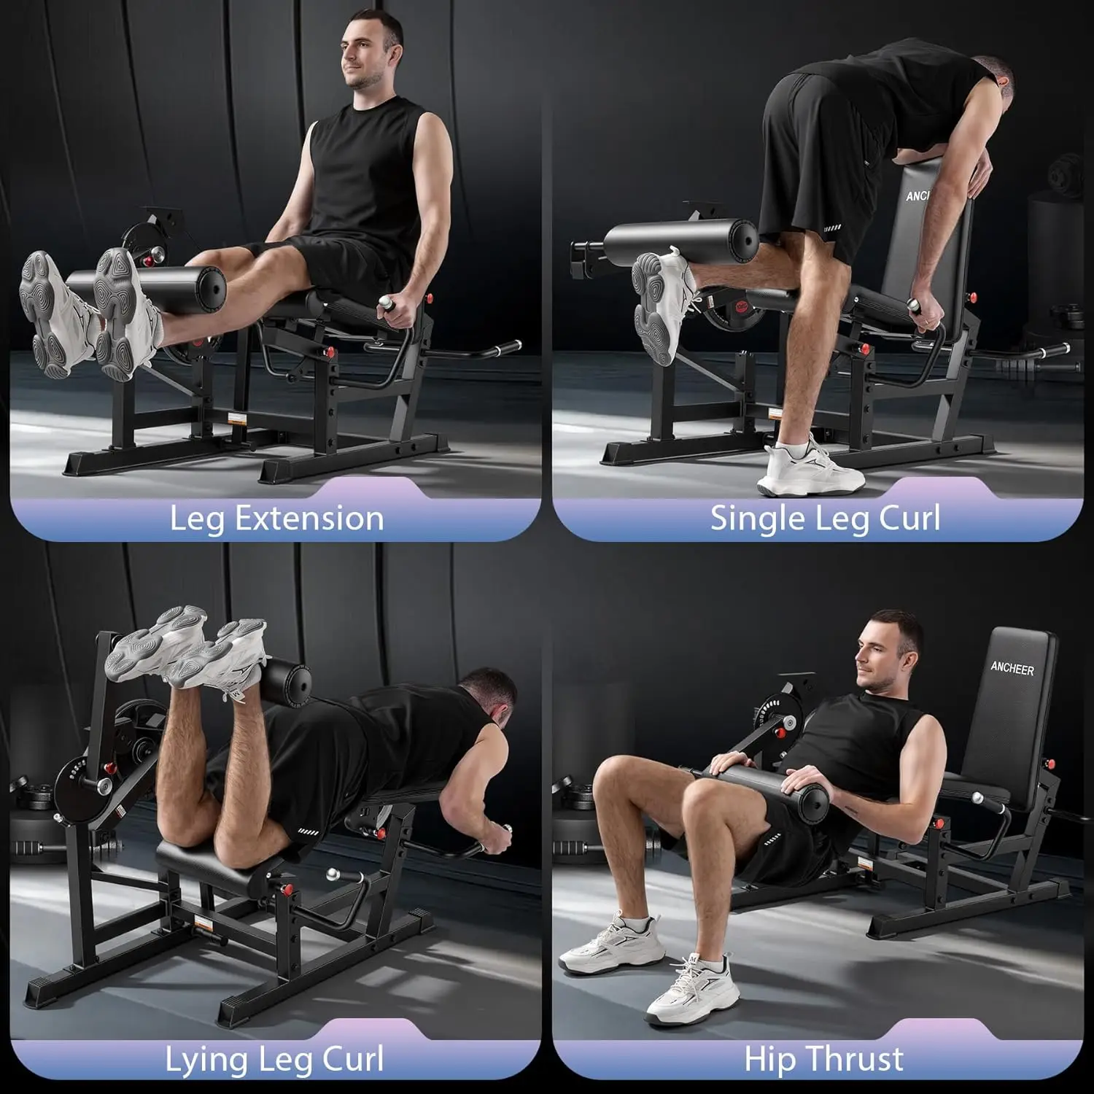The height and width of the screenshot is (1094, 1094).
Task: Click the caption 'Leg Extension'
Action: (x=276, y=519)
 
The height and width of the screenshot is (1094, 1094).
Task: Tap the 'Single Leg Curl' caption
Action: (x=825, y=519)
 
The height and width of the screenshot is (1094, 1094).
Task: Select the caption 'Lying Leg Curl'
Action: (x=274, y=1060)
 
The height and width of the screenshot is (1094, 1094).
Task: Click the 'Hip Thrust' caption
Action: (x=823, y=1059)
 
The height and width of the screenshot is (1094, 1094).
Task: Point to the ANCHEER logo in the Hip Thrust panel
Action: (x=1012, y=669)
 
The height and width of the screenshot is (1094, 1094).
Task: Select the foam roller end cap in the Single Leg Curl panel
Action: (x=745, y=237)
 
